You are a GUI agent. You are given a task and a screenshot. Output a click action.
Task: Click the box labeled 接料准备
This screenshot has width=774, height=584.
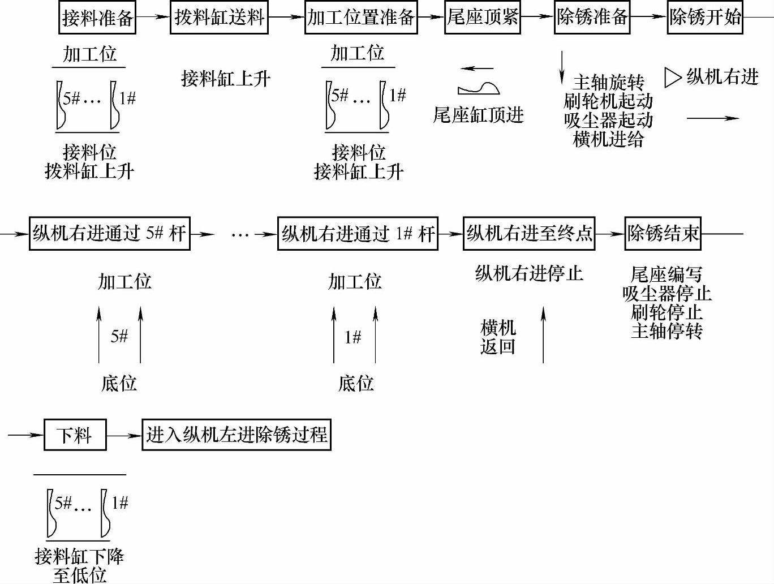[97, 18]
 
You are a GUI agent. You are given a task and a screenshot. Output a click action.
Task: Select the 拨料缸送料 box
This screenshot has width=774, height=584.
[219, 18]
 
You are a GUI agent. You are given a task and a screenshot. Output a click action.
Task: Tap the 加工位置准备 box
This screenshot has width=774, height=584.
[360, 18]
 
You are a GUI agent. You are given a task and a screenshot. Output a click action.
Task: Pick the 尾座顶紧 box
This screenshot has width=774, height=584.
[482, 18]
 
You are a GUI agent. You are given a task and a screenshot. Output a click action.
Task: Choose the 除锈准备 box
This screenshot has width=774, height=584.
[592, 18]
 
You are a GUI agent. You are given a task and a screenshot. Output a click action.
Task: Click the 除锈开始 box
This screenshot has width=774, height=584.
[704, 18]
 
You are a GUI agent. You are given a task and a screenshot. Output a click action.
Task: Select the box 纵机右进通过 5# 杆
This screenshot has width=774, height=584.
[109, 233]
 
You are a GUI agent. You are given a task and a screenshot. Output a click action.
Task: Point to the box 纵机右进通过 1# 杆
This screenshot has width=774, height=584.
[358, 233]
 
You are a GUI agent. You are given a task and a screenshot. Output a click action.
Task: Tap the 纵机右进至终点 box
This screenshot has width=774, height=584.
[529, 233]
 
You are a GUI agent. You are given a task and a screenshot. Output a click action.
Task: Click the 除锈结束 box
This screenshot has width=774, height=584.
[663, 233]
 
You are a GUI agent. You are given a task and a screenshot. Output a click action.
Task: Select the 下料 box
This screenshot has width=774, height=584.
[75, 435]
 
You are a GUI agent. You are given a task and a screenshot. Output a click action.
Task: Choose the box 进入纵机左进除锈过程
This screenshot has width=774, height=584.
[236, 435]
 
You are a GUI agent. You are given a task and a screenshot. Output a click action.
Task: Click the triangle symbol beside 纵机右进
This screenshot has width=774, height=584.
[672, 78]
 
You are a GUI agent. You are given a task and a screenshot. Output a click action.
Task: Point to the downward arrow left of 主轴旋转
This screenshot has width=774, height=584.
[562, 68]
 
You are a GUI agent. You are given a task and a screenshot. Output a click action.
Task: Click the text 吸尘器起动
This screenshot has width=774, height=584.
[608, 120]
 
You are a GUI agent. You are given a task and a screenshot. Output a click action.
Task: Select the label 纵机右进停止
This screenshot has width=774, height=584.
[528, 273]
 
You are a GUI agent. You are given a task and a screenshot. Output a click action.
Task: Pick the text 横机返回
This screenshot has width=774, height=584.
[498, 337]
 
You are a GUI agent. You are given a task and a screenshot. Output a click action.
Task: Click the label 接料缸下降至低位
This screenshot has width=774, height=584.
[79, 565]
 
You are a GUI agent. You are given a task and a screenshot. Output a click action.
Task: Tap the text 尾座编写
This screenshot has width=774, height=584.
[666, 274]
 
